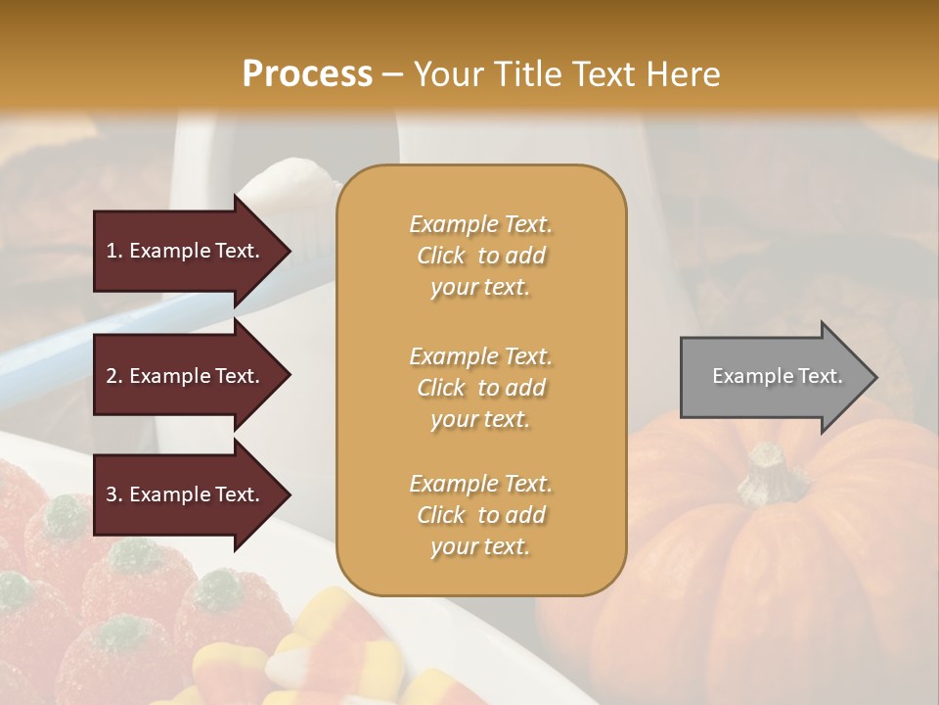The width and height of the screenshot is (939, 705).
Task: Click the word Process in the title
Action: coord(307,74)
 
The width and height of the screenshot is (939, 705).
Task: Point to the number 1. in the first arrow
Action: coord(114,251)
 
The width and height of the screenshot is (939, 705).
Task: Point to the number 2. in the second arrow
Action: coord(114,376)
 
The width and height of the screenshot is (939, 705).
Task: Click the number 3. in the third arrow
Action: coord(114,494)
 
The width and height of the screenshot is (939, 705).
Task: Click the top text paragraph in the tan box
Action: coord(480,256)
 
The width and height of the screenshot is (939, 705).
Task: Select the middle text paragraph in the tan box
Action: coord(480,388)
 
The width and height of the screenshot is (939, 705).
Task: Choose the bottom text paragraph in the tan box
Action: coord(480,515)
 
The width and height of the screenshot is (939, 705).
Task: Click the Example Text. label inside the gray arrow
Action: coord(778,376)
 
